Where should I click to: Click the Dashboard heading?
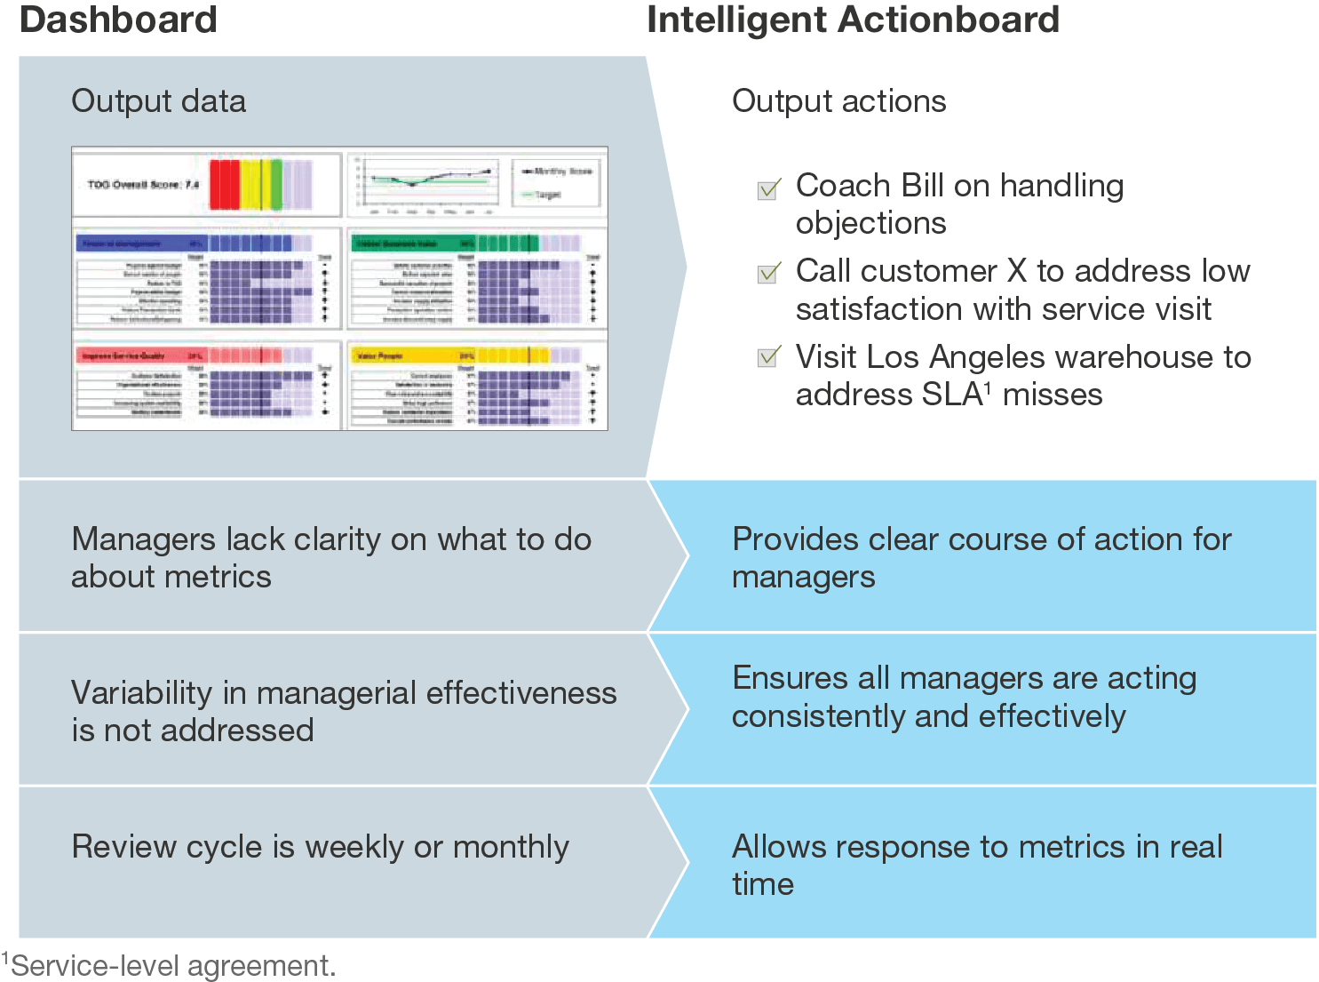(x=118, y=20)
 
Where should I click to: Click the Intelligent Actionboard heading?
(x=853, y=20)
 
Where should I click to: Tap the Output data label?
(x=158, y=101)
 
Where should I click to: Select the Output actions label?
(x=838, y=101)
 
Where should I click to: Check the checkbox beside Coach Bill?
(x=768, y=189)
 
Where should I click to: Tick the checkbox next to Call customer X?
(x=768, y=273)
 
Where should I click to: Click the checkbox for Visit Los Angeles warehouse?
(x=768, y=357)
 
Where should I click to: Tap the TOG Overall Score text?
(x=142, y=185)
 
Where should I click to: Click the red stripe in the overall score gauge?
(x=225, y=185)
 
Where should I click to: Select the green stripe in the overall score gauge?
(x=276, y=185)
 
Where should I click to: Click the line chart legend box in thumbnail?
(x=557, y=182)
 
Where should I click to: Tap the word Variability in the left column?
(x=142, y=693)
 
